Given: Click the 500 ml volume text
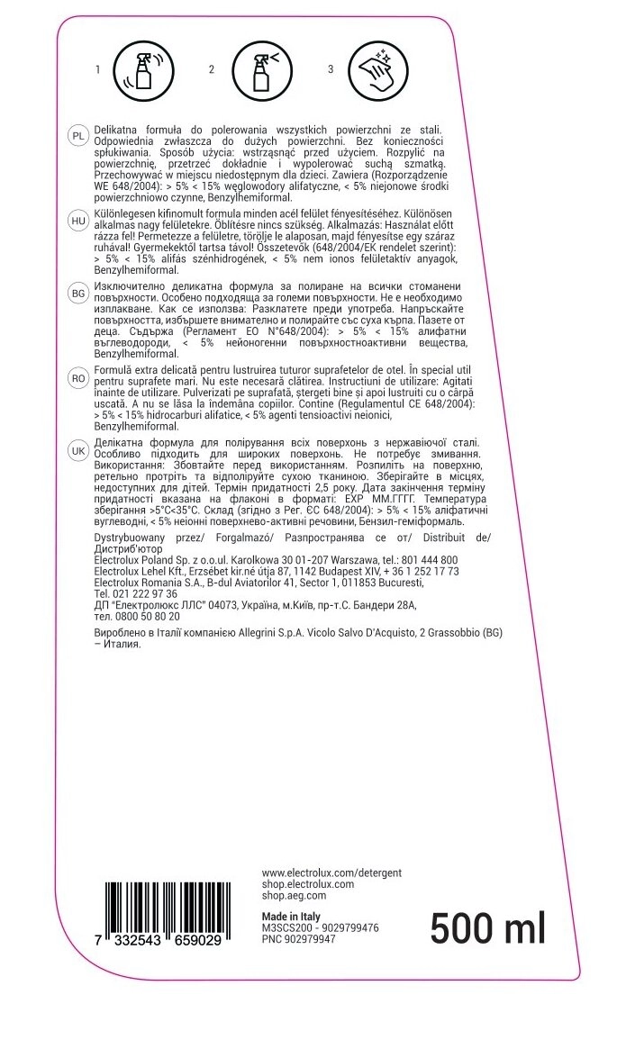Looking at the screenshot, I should [487, 927].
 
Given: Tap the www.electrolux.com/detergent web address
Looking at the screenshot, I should [331, 873].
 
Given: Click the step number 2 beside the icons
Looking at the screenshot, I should [212, 69].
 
